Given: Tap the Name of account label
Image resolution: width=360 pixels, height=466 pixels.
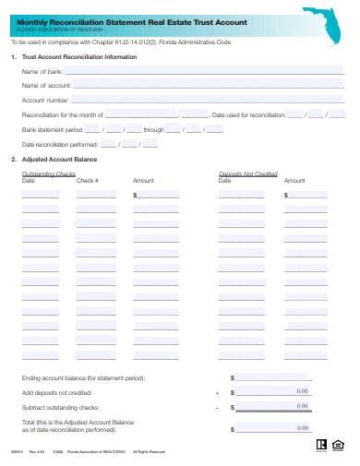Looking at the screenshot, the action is coord(46,85).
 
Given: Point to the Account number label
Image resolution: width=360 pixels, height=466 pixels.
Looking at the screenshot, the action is coord(46,100).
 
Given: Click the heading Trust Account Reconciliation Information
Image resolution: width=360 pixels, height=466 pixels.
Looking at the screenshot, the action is coord(79,57).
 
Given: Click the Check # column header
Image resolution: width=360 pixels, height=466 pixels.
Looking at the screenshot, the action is coord(88,181).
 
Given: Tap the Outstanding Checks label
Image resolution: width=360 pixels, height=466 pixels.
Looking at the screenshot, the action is coord(49,173).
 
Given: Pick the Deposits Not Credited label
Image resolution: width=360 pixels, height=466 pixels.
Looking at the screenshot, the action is coord(248,173).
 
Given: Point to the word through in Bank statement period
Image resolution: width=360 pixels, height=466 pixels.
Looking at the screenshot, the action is coord(153,130).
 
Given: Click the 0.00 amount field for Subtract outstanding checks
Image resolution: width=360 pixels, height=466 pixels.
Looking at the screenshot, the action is coord(278,406).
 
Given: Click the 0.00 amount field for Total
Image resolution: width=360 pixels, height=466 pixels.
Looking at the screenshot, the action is coord(278,426).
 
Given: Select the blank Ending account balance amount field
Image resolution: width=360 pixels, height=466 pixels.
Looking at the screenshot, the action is coord(278,377).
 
